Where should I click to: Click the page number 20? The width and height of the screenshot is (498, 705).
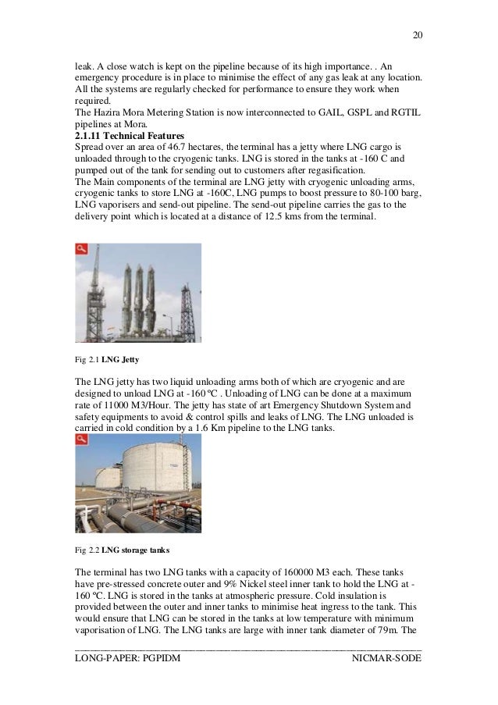click(416, 35)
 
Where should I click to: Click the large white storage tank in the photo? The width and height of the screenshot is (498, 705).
click(156, 468)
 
